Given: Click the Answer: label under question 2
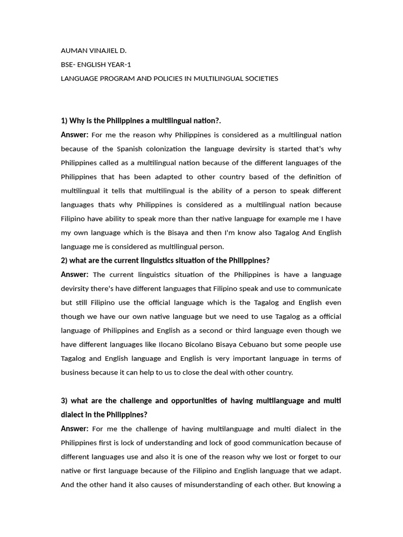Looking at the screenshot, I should (x=75, y=274).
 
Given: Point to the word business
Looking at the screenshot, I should (x=75, y=372).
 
